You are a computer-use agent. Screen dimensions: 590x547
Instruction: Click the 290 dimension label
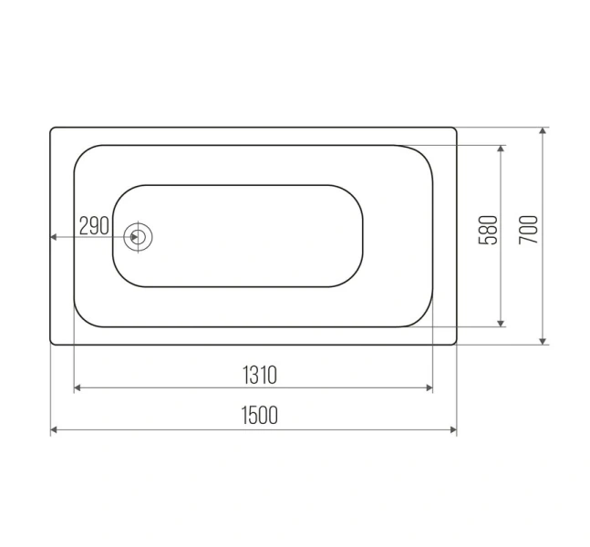tap(94, 226)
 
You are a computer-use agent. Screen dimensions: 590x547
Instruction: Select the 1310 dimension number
tap(260, 375)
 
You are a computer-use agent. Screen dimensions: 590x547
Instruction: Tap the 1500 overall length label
tap(259, 415)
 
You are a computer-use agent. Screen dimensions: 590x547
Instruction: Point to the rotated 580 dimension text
tap(488, 230)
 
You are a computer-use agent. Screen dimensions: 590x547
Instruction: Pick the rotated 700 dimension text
tap(528, 230)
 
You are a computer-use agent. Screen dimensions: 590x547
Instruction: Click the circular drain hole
tap(138, 237)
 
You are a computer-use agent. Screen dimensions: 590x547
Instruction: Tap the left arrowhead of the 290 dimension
tap(54, 237)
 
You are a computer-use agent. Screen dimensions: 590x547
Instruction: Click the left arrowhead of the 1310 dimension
tap(78, 387)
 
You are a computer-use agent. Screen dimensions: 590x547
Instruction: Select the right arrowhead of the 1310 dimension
tap(430, 387)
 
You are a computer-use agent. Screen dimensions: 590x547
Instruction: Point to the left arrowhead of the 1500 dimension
tap(54, 429)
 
